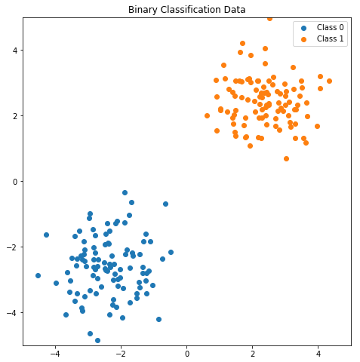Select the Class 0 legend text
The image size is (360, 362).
pyautogui.click(x=330, y=27)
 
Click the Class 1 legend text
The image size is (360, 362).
pyautogui.click(x=330, y=38)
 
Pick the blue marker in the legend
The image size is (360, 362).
pyautogui.click(x=303, y=28)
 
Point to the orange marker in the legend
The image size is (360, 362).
pyautogui.click(x=303, y=39)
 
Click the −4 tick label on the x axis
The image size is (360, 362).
pyautogui.click(x=55, y=354)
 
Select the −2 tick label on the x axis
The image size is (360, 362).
pyautogui.click(x=121, y=354)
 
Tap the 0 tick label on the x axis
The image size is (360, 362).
pyautogui.click(x=187, y=354)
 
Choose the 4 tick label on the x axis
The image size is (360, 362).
pyautogui.click(x=318, y=354)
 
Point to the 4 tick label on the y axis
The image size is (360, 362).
pyautogui.click(x=15, y=51)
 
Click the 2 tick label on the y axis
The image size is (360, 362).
pyautogui.click(x=15, y=116)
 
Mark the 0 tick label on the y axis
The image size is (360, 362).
pyautogui.click(x=15, y=182)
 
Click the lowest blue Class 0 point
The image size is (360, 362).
pyautogui.click(x=97, y=340)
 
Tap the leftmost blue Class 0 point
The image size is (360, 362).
pyautogui.click(x=38, y=275)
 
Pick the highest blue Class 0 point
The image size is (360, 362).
pyautogui.click(x=125, y=192)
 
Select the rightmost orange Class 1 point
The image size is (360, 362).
pyautogui.click(x=329, y=81)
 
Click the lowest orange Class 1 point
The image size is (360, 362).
pyautogui.click(x=286, y=158)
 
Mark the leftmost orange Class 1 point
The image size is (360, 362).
pyautogui.click(x=207, y=115)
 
